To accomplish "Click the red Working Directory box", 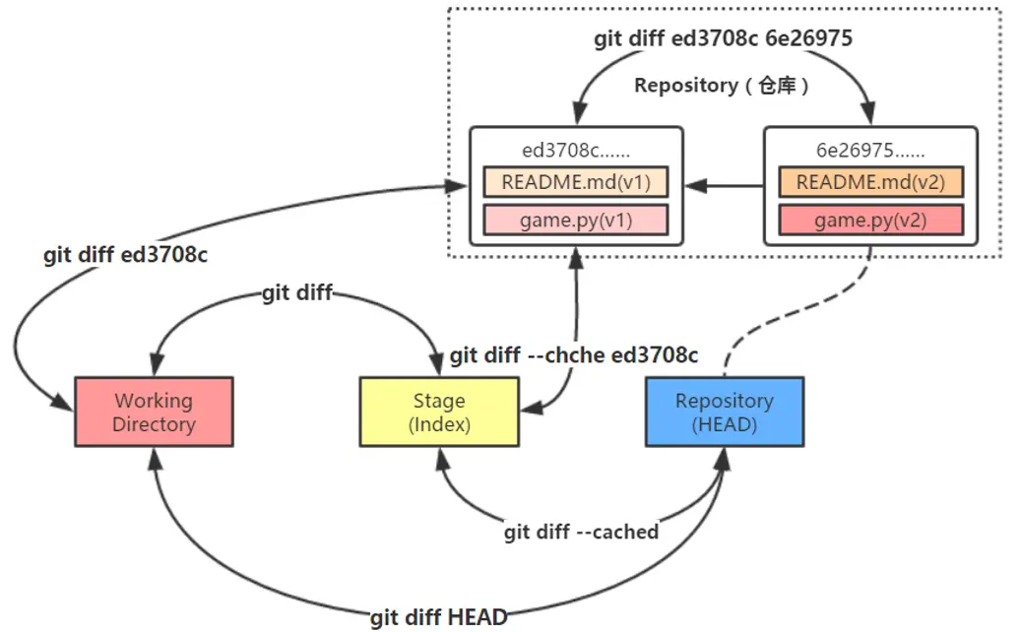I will click(x=155, y=412).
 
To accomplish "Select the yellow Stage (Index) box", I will click(x=439, y=412).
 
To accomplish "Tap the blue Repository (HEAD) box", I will click(x=724, y=412).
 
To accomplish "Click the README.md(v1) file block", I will click(x=576, y=182).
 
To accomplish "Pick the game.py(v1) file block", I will click(x=576, y=220).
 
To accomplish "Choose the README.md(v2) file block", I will click(x=870, y=182).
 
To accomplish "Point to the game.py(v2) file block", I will click(x=870, y=220).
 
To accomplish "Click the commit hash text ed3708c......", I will click(x=576, y=152).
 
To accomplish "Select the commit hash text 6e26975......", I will click(x=870, y=152).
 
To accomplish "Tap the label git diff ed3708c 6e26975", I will click(x=723, y=39).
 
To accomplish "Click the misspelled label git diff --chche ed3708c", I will click(x=574, y=355).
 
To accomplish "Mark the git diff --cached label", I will click(x=581, y=532).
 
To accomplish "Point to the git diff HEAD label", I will click(x=439, y=618).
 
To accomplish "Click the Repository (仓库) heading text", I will click(x=722, y=86).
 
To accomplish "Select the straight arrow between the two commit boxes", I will click(x=724, y=184).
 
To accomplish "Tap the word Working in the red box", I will click(x=154, y=401).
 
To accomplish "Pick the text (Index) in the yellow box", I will click(x=439, y=425).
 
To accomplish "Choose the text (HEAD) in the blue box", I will click(x=724, y=425).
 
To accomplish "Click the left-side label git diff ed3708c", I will click(x=125, y=255).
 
